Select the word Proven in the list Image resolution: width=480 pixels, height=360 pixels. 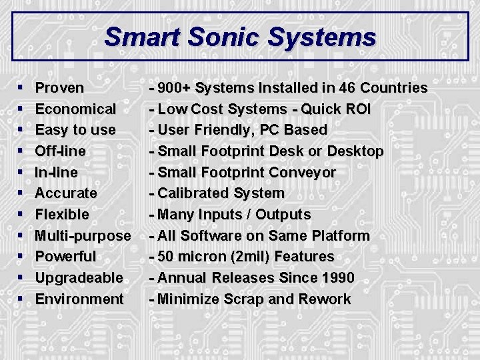click(x=59, y=88)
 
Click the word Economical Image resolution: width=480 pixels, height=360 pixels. click(x=75, y=109)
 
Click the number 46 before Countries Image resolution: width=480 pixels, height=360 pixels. click(x=347, y=88)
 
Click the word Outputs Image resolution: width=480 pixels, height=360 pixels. click(x=280, y=215)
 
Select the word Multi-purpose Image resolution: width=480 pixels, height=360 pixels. click(x=83, y=235)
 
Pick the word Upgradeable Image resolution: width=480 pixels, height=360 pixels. click(x=79, y=278)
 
